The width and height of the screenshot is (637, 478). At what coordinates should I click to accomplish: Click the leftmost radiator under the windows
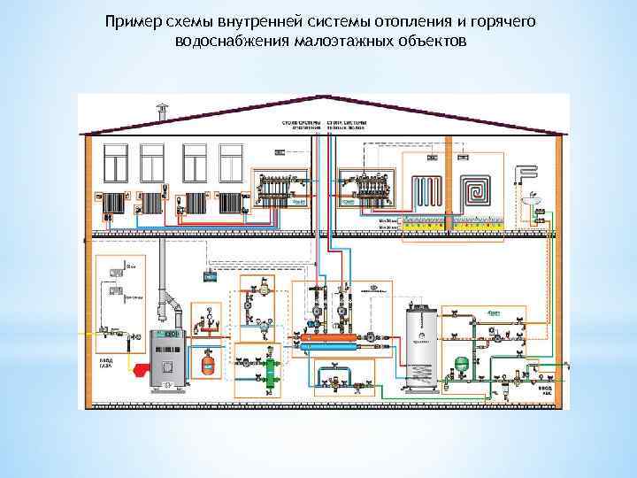click(112, 201)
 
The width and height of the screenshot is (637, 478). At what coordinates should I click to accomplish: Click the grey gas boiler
click(165, 360)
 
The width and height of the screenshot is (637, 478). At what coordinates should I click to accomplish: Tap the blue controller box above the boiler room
click(211, 276)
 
